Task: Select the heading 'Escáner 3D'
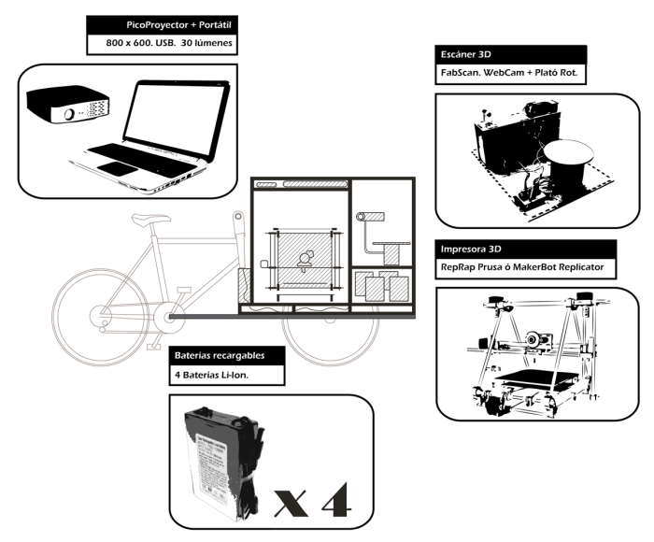(x=472, y=55)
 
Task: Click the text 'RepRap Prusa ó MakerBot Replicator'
(x=524, y=268)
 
